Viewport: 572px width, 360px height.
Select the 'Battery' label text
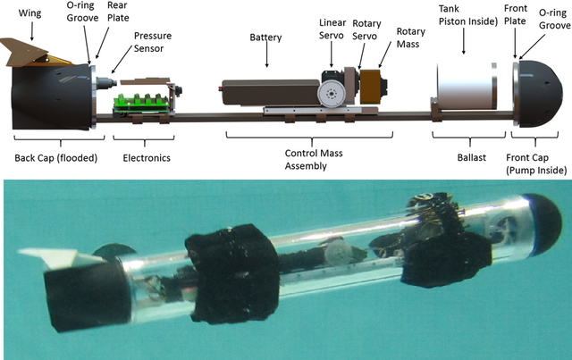click(266, 38)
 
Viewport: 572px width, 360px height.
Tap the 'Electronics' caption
click(146, 158)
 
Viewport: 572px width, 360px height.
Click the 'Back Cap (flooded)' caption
click(51, 158)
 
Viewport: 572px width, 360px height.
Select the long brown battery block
click(268, 91)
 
